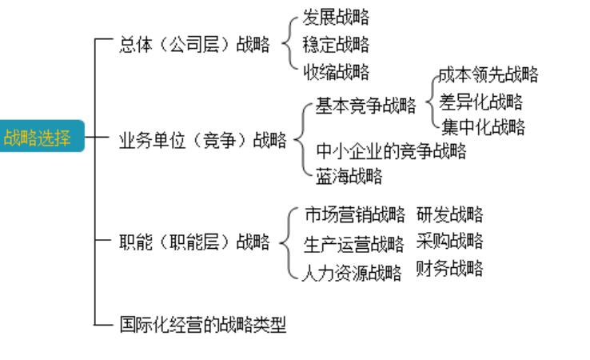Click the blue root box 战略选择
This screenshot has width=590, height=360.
(38, 138)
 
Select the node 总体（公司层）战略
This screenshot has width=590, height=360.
(194, 45)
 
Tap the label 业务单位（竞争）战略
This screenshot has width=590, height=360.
(202, 142)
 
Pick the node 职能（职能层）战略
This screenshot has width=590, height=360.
(194, 242)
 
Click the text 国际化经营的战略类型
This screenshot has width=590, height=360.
(202, 324)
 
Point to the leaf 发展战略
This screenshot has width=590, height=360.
(336, 17)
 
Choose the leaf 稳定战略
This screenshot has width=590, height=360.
(336, 44)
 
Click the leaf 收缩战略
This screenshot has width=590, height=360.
(336, 72)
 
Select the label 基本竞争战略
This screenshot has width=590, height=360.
(365, 106)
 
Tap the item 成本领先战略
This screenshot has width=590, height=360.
(488, 75)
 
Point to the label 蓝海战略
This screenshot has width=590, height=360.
(349, 176)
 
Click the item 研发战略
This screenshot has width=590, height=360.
(450, 214)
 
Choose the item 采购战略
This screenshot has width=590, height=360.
(450, 241)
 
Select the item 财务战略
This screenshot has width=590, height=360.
(450, 268)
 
